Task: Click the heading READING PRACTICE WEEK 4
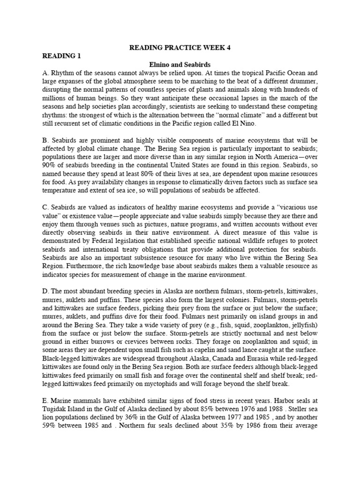click(x=180, y=47)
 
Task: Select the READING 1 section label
click(x=61, y=56)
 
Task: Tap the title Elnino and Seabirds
click(x=180, y=64)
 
